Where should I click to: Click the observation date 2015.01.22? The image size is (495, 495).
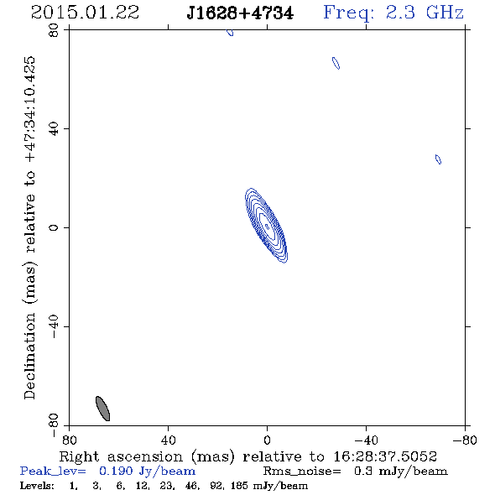(x=85, y=13)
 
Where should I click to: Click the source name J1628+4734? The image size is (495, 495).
(x=240, y=13)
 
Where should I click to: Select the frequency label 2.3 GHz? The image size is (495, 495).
(x=425, y=13)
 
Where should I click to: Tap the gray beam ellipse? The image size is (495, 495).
(x=102, y=409)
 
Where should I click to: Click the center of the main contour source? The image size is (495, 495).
(x=267, y=226)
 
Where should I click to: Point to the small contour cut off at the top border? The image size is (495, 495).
(x=231, y=32)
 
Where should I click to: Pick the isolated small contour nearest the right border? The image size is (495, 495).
(x=438, y=159)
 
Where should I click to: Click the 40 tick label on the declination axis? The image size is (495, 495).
(x=54, y=129)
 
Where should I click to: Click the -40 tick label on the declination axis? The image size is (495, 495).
(x=54, y=326)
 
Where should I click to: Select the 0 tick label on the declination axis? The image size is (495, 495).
(x=54, y=227)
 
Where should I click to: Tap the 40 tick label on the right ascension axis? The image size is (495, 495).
(x=168, y=440)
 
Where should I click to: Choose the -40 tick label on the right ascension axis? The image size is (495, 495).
(x=366, y=440)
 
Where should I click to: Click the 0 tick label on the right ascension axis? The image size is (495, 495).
(x=267, y=440)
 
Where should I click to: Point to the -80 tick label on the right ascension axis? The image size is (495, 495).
(x=465, y=440)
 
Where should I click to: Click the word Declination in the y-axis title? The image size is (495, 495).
(x=29, y=356)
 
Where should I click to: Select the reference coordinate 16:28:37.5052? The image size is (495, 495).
(x=385, y=456)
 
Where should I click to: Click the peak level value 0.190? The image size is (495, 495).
(x=116, y=471)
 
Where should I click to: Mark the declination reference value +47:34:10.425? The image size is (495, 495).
(x=29, y=109)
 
